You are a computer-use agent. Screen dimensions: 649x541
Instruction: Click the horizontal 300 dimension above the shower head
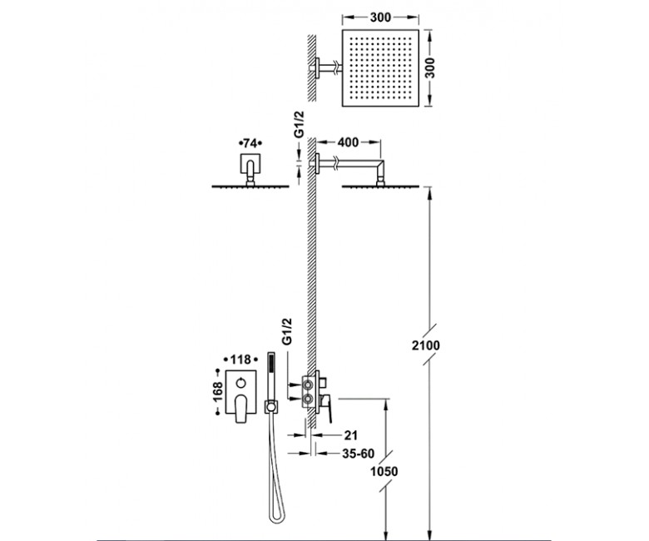click(380, 17)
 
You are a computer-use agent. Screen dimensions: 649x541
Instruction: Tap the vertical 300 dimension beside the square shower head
click(430, 68)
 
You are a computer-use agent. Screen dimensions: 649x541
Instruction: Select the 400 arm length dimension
click(348, 142)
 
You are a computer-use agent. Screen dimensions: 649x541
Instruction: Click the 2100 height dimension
click(425, 345)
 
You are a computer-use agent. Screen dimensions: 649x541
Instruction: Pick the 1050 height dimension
click(384, 471)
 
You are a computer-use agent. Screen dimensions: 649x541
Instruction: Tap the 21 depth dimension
click(350, 435)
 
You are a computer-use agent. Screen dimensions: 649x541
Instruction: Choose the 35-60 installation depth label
click(359, 454)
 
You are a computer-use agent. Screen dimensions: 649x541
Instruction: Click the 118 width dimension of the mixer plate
click(240, 360)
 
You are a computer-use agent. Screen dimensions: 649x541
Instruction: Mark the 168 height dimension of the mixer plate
click(217, 391)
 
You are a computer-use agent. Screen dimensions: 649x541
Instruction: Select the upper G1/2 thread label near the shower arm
click(299, 124)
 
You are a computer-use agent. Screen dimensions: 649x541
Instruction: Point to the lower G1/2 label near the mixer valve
click(286, 331)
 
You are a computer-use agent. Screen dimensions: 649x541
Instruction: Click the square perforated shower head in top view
click(380, 68)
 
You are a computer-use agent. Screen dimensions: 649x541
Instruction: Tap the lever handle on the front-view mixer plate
click(241, 409)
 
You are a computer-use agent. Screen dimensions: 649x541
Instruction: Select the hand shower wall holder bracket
click(271, 407)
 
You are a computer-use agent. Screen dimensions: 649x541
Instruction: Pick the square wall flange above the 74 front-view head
click(250, 163)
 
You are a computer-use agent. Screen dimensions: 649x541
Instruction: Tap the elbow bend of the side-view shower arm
click(379, 166)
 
